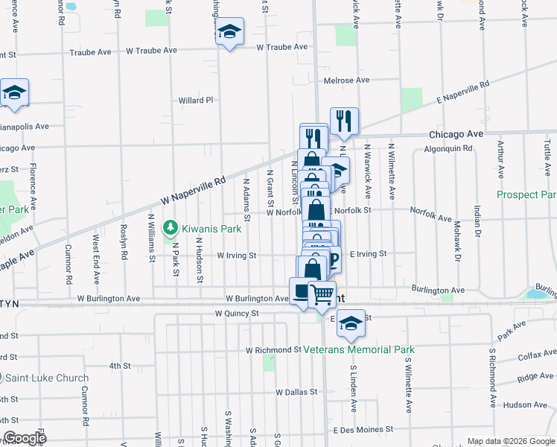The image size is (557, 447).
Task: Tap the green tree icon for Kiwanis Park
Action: click(x=171, y=226)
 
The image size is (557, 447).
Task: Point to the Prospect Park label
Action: click(x=526, y=194)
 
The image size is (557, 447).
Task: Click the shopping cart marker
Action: click(x=322, y=294)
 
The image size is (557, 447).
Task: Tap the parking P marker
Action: click(x=332, y=259)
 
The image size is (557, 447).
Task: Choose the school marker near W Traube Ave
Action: click(x=230, y=32)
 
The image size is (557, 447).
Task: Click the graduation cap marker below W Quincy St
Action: click(x=350, y=323)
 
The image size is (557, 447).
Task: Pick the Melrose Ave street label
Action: click(x=346, y=80)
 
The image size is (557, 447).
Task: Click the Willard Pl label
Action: click(x=196, y=100)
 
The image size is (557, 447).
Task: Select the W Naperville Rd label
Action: click(x=192, y=191)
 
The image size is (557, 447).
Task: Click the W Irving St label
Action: click(x=237, y=255)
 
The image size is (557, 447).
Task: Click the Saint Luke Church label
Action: click(x=45, y=378)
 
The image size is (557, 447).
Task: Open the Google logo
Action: click(x=25, y=437)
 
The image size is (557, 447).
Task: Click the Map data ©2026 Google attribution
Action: click(x=511, y=440)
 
